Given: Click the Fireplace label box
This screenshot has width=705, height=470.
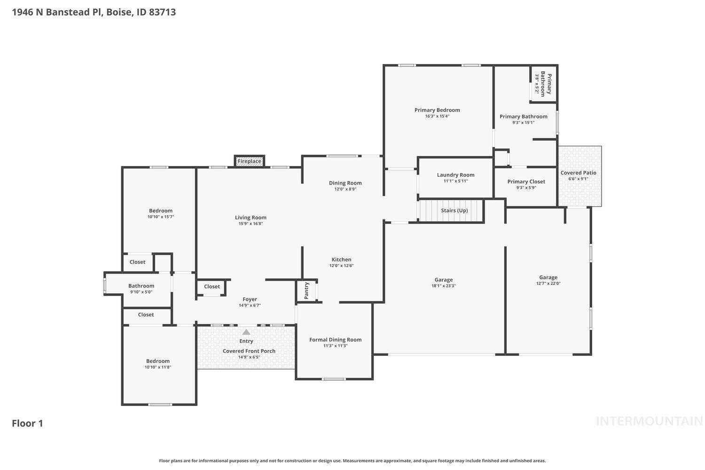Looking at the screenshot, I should click(249, 161).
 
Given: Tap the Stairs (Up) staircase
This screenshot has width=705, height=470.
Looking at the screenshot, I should click(451, 211).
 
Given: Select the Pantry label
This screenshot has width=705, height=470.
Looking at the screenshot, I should click(306, 290).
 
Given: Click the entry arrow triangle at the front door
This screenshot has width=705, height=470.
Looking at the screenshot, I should click(246, 332).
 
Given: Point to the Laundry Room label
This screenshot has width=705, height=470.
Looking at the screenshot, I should click(455, 175).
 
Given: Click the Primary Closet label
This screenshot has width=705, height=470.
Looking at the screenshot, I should click(526, 181).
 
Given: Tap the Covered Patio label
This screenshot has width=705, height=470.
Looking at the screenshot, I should click(578, 172).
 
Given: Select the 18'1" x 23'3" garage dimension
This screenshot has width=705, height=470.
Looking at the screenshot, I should click(443, 286).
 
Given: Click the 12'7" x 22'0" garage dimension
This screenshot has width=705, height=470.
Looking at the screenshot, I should click(548, 283).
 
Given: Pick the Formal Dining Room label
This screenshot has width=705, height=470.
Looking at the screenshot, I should click(335, 340).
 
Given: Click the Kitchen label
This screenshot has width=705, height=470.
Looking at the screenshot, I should click(341, 259).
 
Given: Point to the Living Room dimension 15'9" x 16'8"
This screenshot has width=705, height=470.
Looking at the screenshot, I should click(251, 224).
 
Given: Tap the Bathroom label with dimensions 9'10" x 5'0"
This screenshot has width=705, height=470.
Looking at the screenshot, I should click(141, 286).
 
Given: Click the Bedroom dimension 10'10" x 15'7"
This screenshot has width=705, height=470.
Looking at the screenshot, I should click(161, 217).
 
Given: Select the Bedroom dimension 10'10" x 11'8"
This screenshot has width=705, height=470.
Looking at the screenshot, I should click(157, 367).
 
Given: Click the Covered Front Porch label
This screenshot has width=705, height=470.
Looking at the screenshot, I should click(249, 351).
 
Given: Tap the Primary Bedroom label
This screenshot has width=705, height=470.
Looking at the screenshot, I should click(437, 110).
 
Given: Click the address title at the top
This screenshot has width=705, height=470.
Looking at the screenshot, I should click(94, 12).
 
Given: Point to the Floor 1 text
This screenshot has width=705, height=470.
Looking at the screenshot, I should click(27, 423).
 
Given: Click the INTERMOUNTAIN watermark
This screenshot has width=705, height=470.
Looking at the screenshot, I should click(649, 421).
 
